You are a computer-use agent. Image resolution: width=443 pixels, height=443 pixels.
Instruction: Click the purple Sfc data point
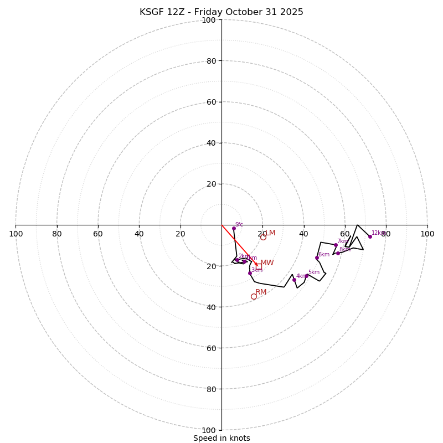[x=234, y=228]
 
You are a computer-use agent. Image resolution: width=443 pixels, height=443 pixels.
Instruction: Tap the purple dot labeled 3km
[x=250, y=273]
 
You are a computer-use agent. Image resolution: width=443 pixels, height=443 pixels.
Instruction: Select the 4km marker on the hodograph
[x=294, y=280]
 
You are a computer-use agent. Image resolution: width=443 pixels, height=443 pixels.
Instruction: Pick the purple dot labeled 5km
[x=306, y=276]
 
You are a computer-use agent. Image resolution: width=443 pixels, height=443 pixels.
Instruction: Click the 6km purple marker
[x=317, y=257]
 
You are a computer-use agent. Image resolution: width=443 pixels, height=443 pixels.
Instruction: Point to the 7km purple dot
[x=336, y=245]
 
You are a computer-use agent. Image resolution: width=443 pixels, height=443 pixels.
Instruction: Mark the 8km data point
[x=338, y=253]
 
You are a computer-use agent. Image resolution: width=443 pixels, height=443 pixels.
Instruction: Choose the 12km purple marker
[x=370, y=236]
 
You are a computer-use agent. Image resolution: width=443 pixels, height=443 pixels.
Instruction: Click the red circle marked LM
[x=263, y=237]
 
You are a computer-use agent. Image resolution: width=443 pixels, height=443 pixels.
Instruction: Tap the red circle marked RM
[x=254, y=296]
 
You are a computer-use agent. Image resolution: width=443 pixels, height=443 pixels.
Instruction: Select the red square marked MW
[x=259, y=266]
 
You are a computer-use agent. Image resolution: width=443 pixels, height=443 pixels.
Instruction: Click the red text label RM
[x=261, y=292]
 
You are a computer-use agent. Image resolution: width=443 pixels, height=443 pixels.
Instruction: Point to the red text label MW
[x=267, y=262]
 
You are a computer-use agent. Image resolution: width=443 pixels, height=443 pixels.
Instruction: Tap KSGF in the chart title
[x=151, y=12]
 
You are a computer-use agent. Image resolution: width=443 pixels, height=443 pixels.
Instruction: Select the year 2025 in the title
[x=292, y=12]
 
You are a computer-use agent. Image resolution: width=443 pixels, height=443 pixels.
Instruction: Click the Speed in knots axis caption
[x=221, y=438]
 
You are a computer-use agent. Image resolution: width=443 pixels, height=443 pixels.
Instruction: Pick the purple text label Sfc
[x=239, y=224]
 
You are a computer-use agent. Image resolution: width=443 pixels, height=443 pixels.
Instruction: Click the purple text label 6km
[x=323, y=254]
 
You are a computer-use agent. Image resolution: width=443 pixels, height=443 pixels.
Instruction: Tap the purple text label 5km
[x=313, y=272]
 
